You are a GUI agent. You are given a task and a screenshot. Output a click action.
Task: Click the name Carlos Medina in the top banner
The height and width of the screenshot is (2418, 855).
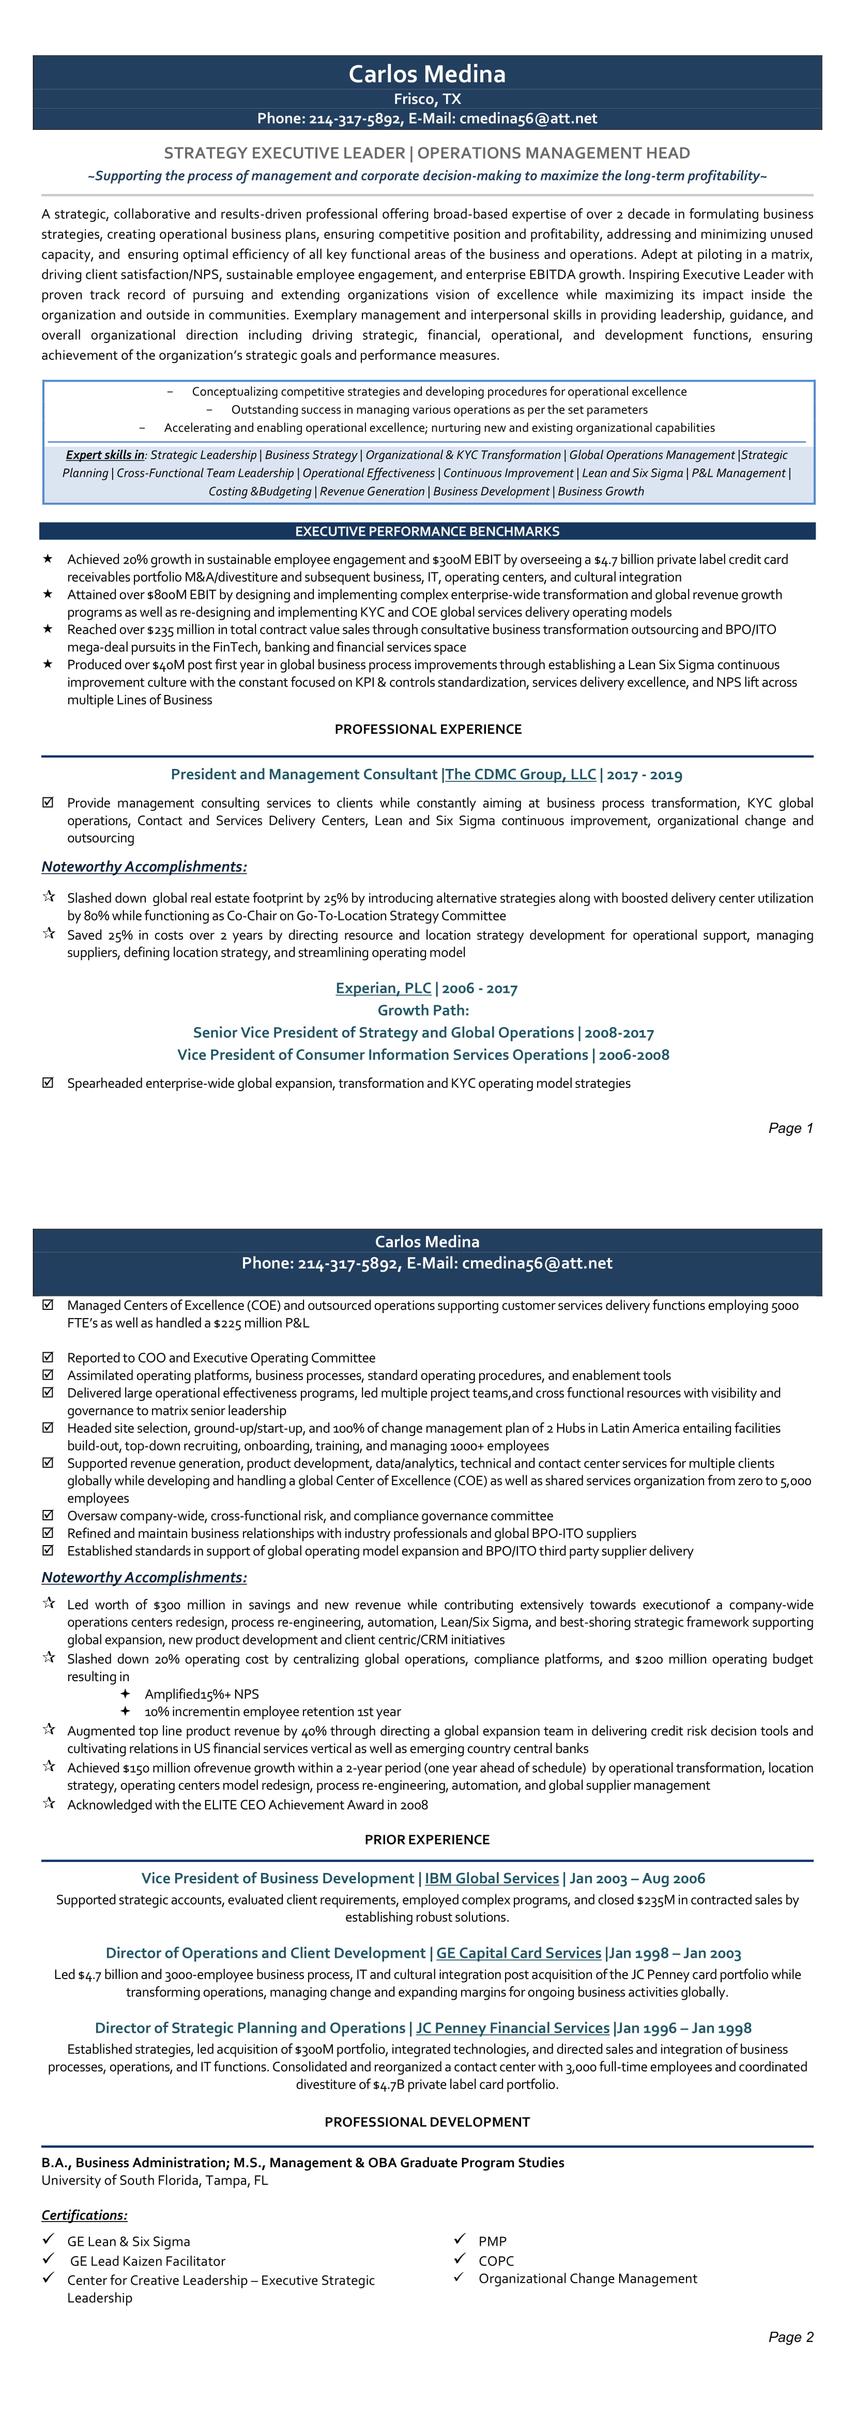point(427,74)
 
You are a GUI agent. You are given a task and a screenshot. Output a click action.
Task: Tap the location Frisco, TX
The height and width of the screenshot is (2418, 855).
point(427,99)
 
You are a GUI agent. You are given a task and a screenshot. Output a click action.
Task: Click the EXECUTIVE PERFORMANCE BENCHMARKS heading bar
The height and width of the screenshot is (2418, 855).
point(427,531)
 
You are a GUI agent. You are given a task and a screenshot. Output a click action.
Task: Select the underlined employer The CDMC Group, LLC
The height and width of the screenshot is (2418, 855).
point(521,775)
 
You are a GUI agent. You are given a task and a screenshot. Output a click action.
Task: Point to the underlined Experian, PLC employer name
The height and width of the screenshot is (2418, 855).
point(383,988)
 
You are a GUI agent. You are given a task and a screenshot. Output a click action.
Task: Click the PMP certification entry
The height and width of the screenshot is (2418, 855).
point(492,2241)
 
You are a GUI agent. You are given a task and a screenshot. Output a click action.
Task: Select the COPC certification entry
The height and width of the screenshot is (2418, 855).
point(496,2260)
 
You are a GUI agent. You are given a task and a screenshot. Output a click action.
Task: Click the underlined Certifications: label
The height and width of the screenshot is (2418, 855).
point(84,2214)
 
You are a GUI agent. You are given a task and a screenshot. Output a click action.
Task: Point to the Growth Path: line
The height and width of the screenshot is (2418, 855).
point(423,1010)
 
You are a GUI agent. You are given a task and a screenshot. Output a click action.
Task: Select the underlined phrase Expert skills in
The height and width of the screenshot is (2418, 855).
point(105,455)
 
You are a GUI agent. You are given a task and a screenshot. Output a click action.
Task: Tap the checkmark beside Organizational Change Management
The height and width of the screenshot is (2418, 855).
point(459,2277)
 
